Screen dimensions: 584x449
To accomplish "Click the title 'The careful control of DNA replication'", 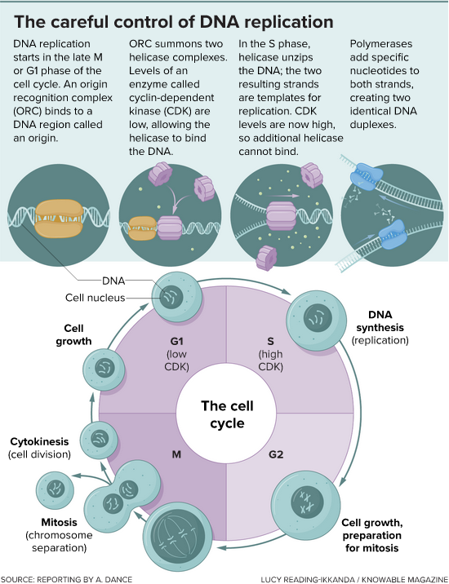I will (175, 20).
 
